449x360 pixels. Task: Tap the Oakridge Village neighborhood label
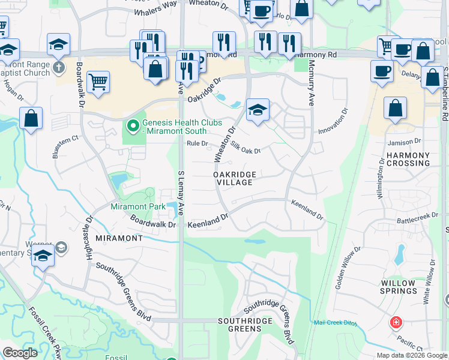pos(235,178)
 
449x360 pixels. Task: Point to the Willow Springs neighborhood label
pos(398,287)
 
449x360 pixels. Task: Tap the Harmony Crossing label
pos(408,159)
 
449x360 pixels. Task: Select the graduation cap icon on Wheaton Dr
pos(258,110)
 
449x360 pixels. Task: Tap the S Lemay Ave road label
pos(181,192)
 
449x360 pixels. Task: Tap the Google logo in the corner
pos(20,353)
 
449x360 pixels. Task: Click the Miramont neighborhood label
pos(119,238)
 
